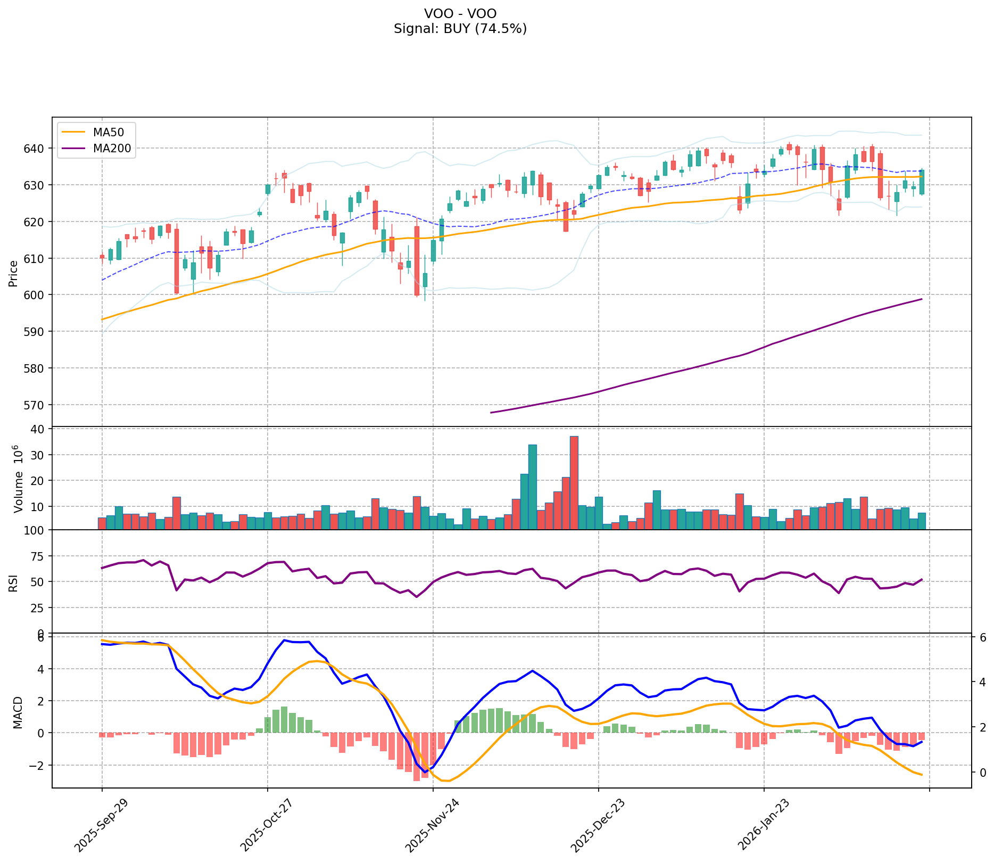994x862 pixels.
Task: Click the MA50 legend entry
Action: tap(96, 132)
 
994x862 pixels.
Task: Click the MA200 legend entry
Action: tap(96, 149)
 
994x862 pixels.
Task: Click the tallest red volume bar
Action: tap(574, 482)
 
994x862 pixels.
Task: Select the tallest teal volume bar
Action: tap(532, 487)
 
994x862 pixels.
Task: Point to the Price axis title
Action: tap(13, 273)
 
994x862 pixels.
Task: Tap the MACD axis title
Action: tap(18, 712)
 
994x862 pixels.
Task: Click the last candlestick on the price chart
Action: tap(922, 182)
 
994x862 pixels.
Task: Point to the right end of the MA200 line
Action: tap(922, 299)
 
